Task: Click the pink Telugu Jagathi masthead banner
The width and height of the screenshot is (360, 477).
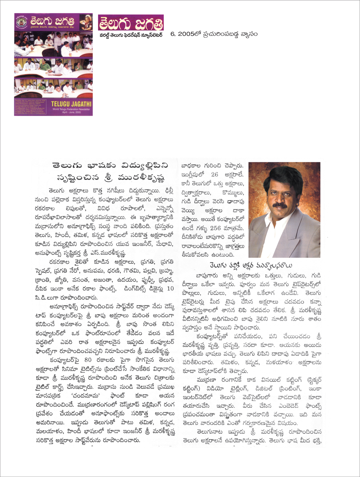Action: (131, 22)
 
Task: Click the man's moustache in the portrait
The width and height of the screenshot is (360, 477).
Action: (279, 205)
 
